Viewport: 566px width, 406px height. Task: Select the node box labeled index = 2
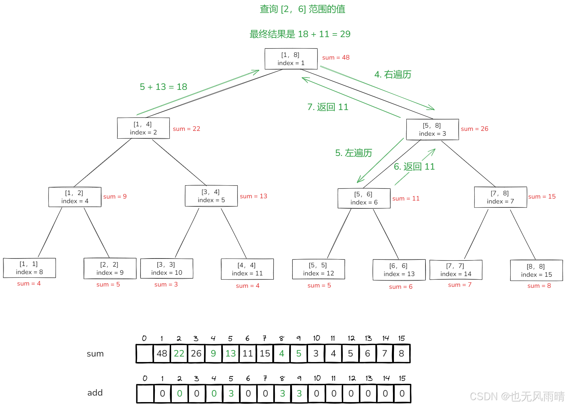tap(143, 128)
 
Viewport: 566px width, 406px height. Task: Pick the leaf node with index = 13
tap(399, 270)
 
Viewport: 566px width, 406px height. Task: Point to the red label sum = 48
tap(336, 58)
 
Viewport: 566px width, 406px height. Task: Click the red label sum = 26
tap(474, 129)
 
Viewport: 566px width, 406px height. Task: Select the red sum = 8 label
tap(539, 286)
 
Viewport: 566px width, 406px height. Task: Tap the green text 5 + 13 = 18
tap(163, 87)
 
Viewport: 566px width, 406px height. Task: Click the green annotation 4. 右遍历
tap(393, 75)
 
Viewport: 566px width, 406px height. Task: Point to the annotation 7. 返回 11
tap(328, 107)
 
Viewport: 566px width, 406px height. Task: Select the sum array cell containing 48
tap(162, 354)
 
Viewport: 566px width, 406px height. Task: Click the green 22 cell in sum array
tap(179, 354)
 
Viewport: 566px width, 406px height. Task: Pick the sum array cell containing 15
tap(265, 354)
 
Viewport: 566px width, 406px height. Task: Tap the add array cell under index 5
tap(231, 394)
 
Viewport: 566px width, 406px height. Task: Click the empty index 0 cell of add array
tap(145, 394)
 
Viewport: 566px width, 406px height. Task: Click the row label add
tap(95, 393)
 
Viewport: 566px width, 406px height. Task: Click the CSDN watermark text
tap(517, 397)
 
